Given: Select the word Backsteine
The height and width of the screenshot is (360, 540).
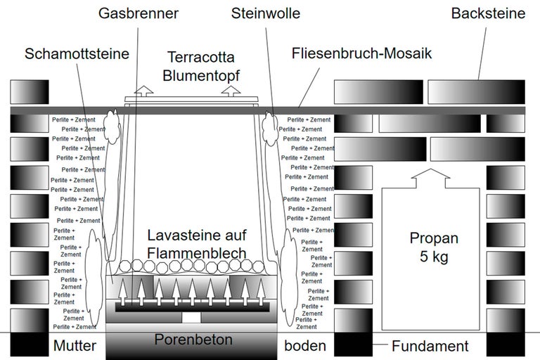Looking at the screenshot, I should tap(488, 13).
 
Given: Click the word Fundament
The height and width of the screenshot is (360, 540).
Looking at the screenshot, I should tap(430, 346).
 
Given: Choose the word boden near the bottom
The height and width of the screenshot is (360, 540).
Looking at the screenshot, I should tap(305, 346).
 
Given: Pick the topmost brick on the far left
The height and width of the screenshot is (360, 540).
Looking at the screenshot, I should tap(30, 91).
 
